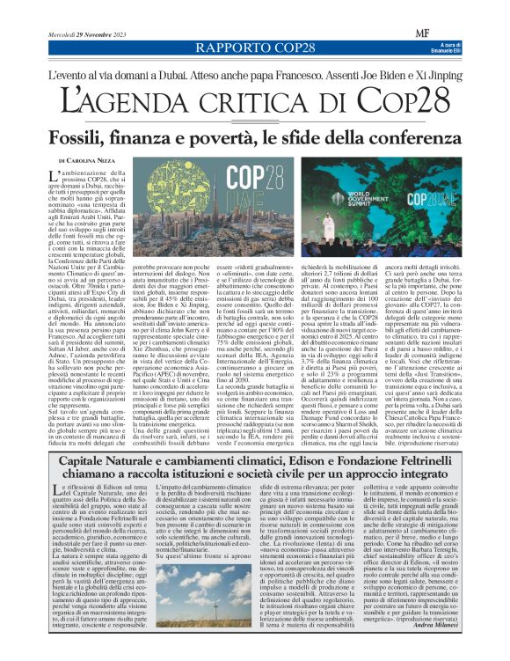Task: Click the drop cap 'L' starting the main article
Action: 59,181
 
